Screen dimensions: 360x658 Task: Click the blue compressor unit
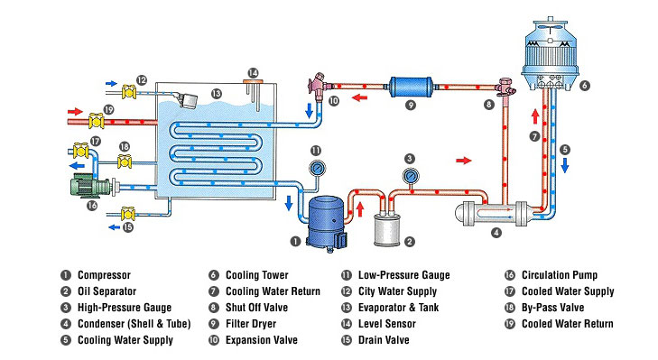322,224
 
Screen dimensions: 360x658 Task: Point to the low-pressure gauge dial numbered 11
316,168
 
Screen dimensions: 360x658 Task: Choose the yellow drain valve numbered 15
130,215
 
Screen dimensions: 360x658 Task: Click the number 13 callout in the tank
216,93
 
